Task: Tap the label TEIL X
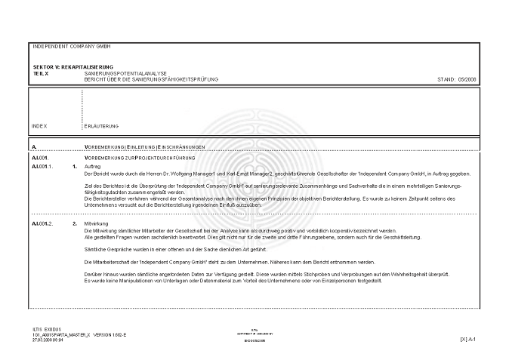(42, 73)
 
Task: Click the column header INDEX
(40, 126)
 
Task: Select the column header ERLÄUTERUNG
(102, 126)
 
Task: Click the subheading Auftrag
(93, 165)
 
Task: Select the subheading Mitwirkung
(96, 224)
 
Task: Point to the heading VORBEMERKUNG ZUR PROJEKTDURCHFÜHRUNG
(140, 157)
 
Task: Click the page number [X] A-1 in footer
(468, 340)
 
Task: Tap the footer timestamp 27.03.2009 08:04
(48, 340)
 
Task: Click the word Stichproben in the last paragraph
(304, 274)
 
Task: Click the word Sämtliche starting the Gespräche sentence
(94, 248)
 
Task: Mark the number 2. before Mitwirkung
(74, 224)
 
